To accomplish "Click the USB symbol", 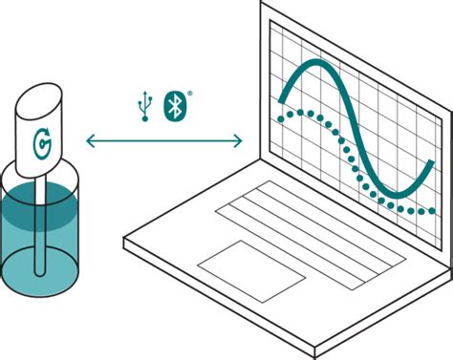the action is (x=145, y=105).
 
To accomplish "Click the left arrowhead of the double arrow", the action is (x=90, y=142).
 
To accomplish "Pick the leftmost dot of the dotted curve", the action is (x=279, y=119).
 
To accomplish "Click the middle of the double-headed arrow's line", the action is (x=163, y=142).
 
